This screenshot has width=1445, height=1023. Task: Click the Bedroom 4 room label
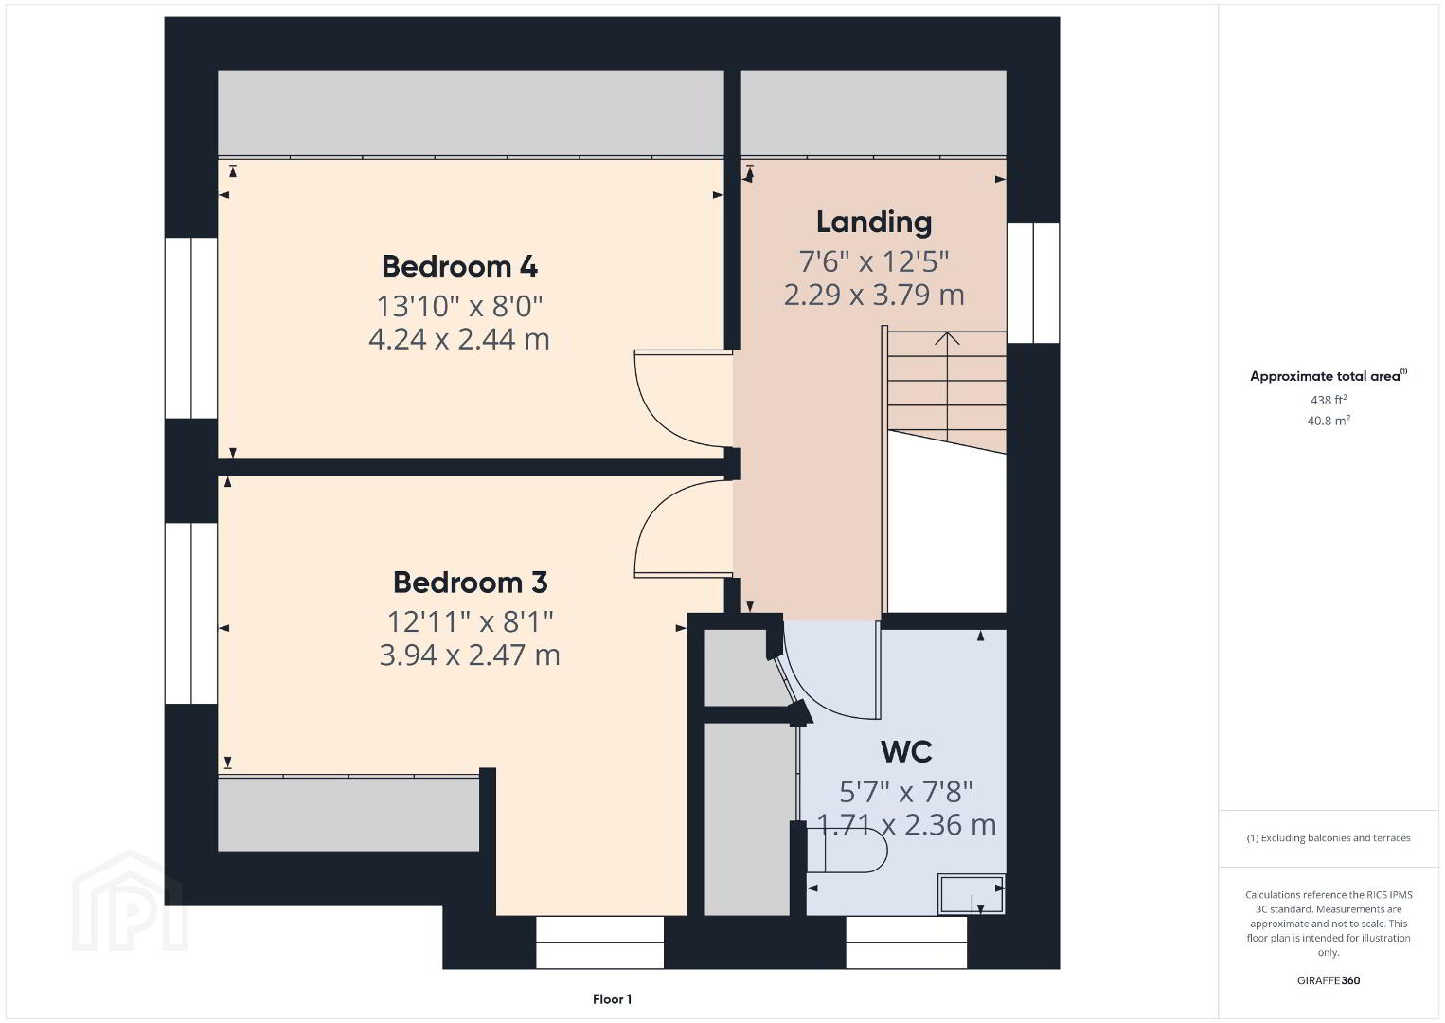coord(459,266)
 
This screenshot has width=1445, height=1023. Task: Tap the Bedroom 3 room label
coord(471,583)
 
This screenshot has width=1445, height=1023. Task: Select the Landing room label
coord(874,222)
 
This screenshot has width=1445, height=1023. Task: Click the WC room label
coord(906,752)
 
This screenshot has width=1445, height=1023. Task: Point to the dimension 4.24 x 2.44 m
coord(459,339)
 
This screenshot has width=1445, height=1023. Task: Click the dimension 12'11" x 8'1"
coord(471,622)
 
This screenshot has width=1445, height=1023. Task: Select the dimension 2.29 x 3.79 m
coord(874,295)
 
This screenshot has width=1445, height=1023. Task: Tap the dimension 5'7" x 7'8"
coord(906,791)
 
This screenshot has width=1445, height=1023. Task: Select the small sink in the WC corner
coord(971,894)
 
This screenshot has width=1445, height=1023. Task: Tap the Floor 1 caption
coord(613,999)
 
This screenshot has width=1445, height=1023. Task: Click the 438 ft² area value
coord(1329,400)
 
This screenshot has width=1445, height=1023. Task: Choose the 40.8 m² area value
coord(1329,421)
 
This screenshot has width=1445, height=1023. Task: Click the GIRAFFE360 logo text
coord(1329,980)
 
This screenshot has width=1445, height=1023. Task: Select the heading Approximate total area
coord(1329,376)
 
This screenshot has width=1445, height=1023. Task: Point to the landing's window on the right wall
coord(1033,282)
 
